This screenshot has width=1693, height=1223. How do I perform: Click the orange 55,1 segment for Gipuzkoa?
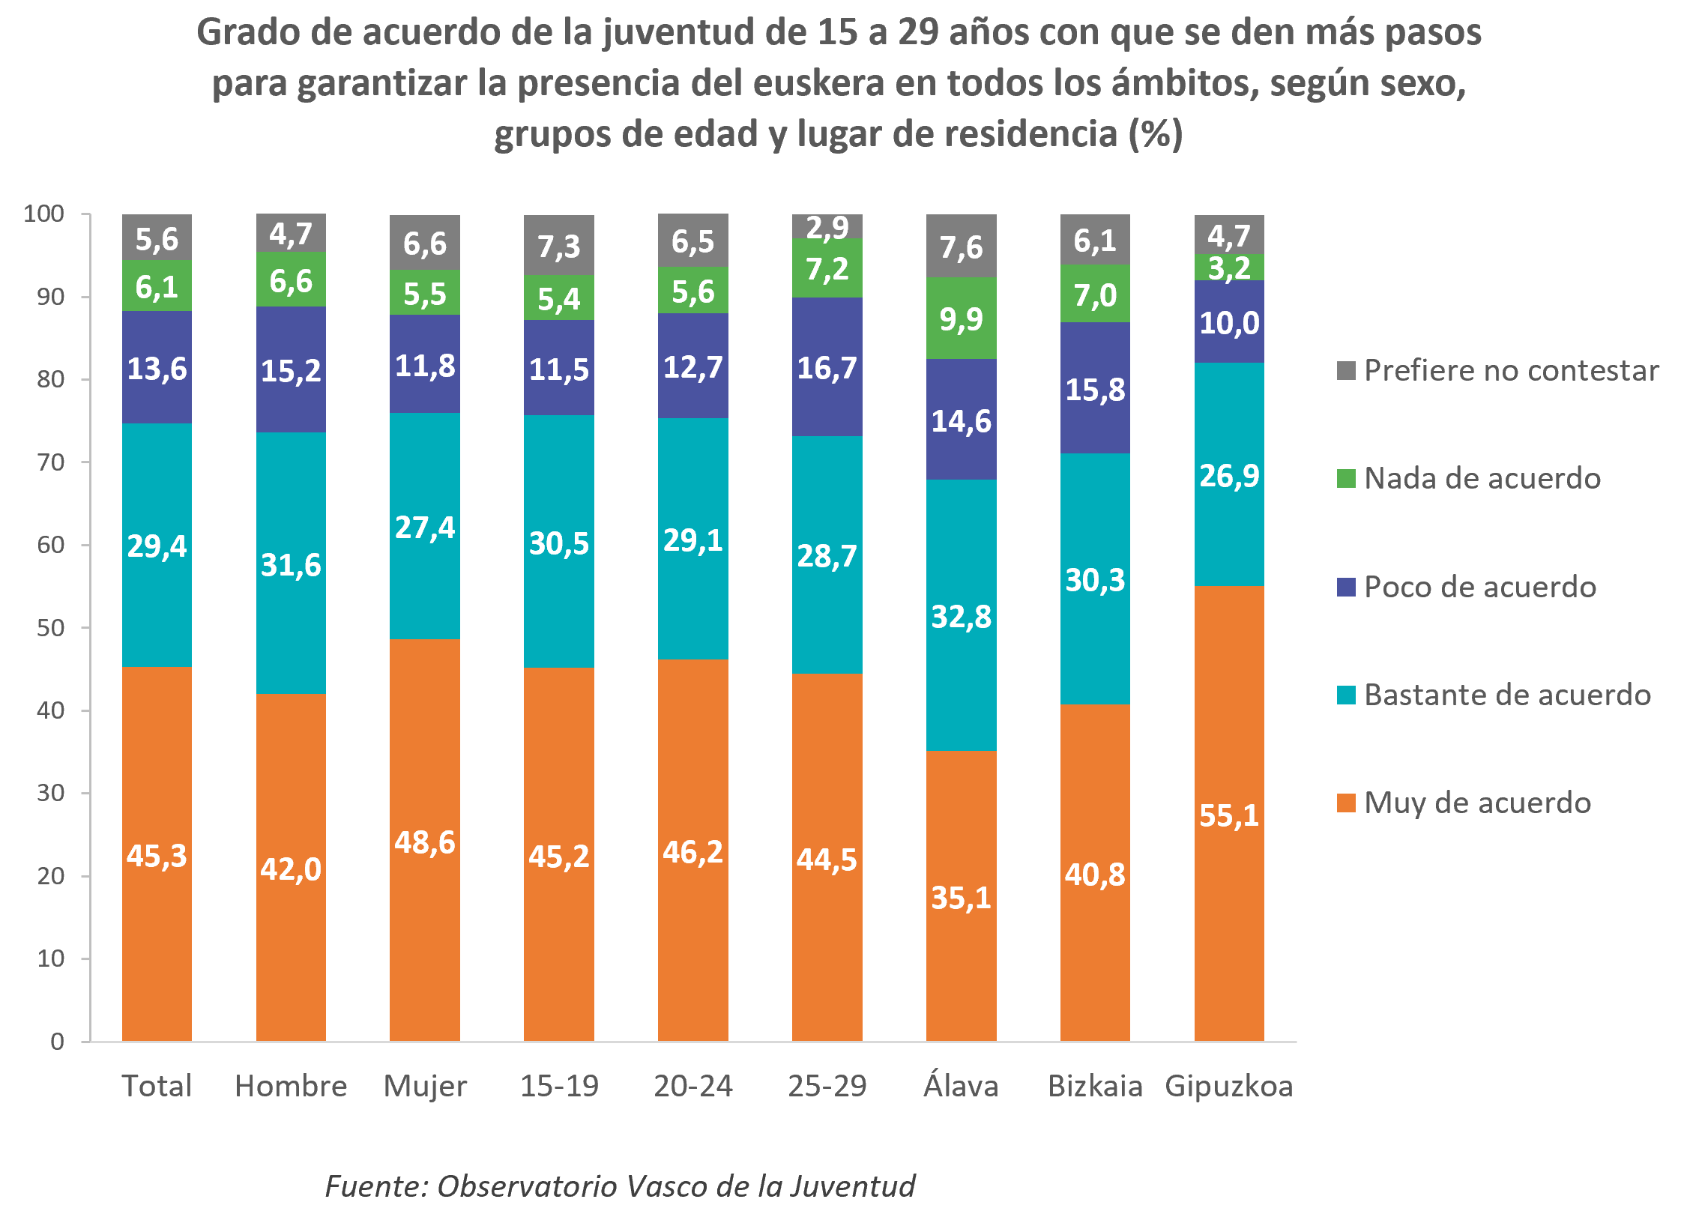[1228, 813]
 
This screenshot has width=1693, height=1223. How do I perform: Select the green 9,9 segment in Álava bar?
[961, 318]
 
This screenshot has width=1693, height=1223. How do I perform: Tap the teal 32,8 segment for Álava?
[961, 615]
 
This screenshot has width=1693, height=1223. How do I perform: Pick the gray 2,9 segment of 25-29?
[827, 226]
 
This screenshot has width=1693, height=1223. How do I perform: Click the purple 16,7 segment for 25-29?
[827, 367]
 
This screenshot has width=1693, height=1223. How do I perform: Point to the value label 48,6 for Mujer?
[424, 842]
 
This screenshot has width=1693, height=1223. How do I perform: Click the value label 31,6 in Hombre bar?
[290, 564]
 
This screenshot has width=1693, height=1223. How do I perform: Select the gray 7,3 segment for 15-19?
[558, 246]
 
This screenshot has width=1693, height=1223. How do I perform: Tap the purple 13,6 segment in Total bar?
[157, 368]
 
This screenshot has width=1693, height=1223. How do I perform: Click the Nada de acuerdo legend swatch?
[1346, 478]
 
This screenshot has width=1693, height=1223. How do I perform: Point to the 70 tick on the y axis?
[51, 462]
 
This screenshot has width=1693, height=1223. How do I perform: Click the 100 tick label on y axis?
[43, 214]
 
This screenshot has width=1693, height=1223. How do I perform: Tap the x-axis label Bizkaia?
[1094, 1085]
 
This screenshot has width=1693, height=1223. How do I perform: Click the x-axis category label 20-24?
[692, 1085]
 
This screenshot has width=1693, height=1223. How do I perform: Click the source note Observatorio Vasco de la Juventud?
[675, 1186]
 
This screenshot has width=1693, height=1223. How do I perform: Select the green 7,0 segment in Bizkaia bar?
[1094, 294]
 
